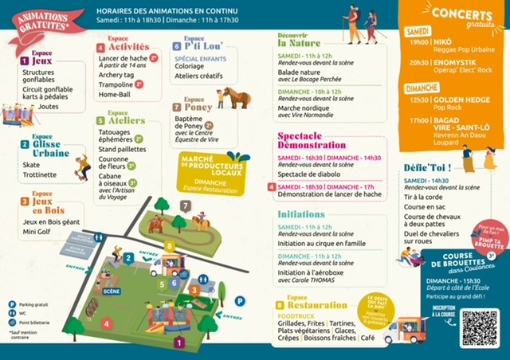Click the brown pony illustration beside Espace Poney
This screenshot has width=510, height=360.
(x=234, y=99)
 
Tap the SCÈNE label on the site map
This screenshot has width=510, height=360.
(x=112, y=292)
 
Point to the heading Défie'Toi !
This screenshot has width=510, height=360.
(x=427, y=167)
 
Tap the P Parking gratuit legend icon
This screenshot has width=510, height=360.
(x=12, y=303)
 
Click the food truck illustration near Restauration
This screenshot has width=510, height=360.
(x=405, y=328)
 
